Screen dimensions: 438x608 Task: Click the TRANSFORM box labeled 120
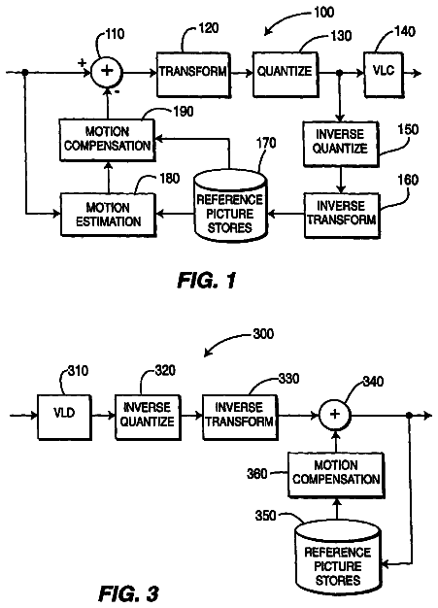point(193,75)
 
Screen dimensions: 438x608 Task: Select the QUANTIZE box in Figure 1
point(286,75)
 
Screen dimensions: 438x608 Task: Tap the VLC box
point(384,75)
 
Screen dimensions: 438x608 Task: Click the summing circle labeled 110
point(107,71)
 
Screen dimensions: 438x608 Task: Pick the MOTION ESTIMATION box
point(108,215)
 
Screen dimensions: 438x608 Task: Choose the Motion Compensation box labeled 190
point(108,140)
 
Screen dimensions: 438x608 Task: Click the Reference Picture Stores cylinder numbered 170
point(230,206)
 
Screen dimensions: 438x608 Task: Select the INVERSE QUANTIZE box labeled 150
point(340,144)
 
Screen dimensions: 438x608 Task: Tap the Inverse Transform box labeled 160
point(342,215)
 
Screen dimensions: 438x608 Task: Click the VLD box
point(64,418)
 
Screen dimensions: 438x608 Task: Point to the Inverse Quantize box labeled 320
point(148,418)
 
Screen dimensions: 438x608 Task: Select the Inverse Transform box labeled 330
point(240,418)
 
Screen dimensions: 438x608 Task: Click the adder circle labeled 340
point(335,415)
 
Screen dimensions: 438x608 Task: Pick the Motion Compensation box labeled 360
point(336,475)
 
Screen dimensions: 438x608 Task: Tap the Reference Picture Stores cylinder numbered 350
point(338,557)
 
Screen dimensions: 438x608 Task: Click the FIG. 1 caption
point(207,280)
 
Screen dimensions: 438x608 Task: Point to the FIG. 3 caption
point(129,593)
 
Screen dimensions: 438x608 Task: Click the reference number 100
point(324,12)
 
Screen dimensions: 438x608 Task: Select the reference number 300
point(263,334)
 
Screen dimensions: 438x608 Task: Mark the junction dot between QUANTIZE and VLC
point(340,73)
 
